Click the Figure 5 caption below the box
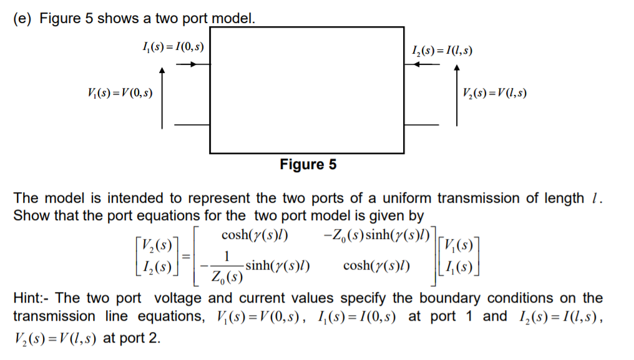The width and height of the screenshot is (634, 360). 308,165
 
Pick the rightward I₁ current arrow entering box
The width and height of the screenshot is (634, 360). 187,63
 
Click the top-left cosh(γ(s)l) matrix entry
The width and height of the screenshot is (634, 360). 254,236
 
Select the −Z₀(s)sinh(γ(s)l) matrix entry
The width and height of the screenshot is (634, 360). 377,236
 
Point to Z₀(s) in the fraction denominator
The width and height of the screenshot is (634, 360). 226,275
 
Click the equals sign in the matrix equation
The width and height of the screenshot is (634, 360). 185,255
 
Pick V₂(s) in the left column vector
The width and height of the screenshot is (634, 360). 155,244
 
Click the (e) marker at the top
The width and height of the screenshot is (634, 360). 23,18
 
